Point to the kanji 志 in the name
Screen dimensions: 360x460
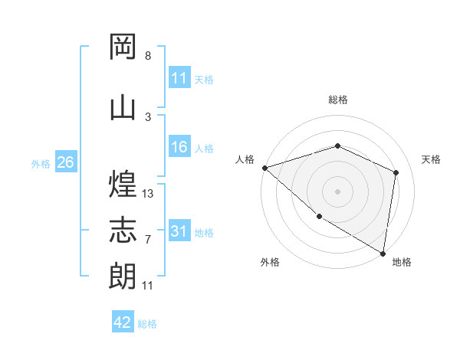point(123,231)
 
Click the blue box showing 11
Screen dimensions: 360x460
point(179,78)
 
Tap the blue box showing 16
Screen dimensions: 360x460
point(179,148)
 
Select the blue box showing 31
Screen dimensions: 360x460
point(179,232)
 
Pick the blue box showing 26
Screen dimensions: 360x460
point(65,162)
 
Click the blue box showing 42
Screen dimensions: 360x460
point(123,322)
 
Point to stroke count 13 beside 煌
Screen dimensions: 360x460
point(148,194)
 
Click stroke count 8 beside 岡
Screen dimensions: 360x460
point(148,56)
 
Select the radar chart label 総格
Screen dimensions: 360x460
point(337,100)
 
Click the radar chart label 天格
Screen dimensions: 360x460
point(432,159)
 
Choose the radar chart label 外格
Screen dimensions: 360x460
point(269,262)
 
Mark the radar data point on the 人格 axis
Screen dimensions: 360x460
point(264,168)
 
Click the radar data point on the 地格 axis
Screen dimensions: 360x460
point(383,253)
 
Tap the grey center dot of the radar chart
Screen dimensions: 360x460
point(337,191)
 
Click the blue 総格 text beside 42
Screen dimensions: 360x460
point(147,324)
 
